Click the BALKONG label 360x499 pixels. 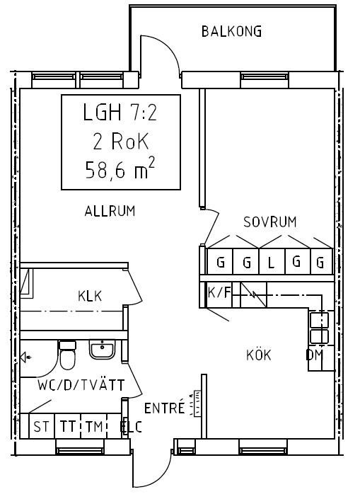point(231,32)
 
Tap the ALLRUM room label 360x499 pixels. point(110,212)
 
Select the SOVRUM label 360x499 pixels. point(269,222)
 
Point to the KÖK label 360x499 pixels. point(259,354)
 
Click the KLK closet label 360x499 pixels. point(90,296)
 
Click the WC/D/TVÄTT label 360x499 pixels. point(81,384)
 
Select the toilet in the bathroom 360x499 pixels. point(67,355)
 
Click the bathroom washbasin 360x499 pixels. point(102,349)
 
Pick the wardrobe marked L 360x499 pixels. point(272,262)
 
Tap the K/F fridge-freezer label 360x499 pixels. point(219,292)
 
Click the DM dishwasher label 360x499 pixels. point(315,355)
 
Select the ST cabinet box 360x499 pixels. point(42,426)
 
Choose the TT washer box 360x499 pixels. point(68,426)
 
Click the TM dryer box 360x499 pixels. point(94,426)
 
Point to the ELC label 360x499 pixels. point(131,427)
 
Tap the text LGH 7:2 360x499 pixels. point(120,113)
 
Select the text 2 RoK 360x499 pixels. point(121,141)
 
